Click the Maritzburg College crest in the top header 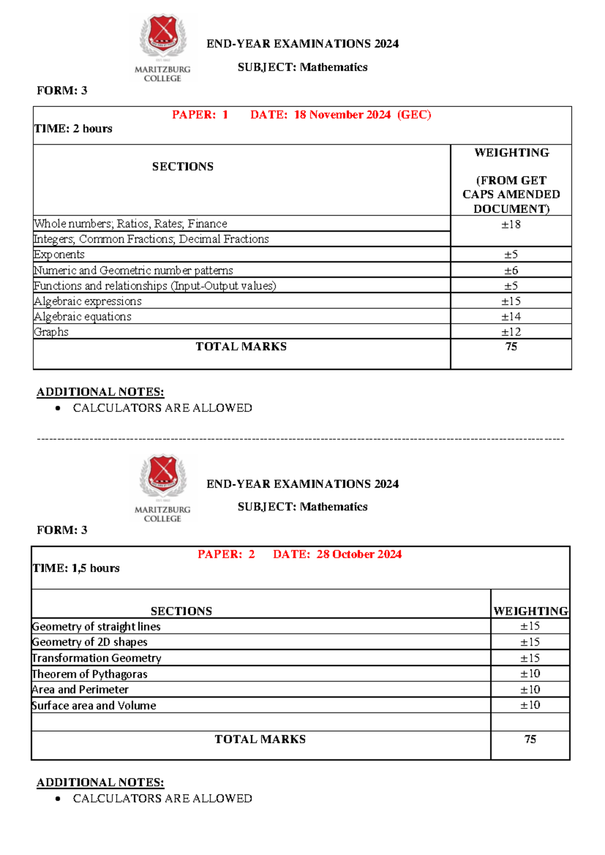[162, 35]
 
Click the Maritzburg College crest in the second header [162, 475]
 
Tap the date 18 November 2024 [342, 115]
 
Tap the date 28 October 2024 [358, 555]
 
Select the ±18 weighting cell [511, 225]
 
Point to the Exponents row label [59, 255]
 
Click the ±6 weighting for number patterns [511, 271]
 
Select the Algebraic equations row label [83, 317]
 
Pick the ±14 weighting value [511, 317]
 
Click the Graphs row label [51, 332]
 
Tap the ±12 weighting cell [511, 332]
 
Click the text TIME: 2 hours [74, 129]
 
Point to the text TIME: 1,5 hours [76, 569]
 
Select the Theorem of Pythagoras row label [90, 674]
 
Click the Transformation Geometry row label [97, 658]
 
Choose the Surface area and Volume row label [94, 706]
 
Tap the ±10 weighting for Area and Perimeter [530, 690]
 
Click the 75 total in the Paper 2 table [530, 740]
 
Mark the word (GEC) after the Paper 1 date [414, 115]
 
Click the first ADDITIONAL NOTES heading [100, 392]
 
